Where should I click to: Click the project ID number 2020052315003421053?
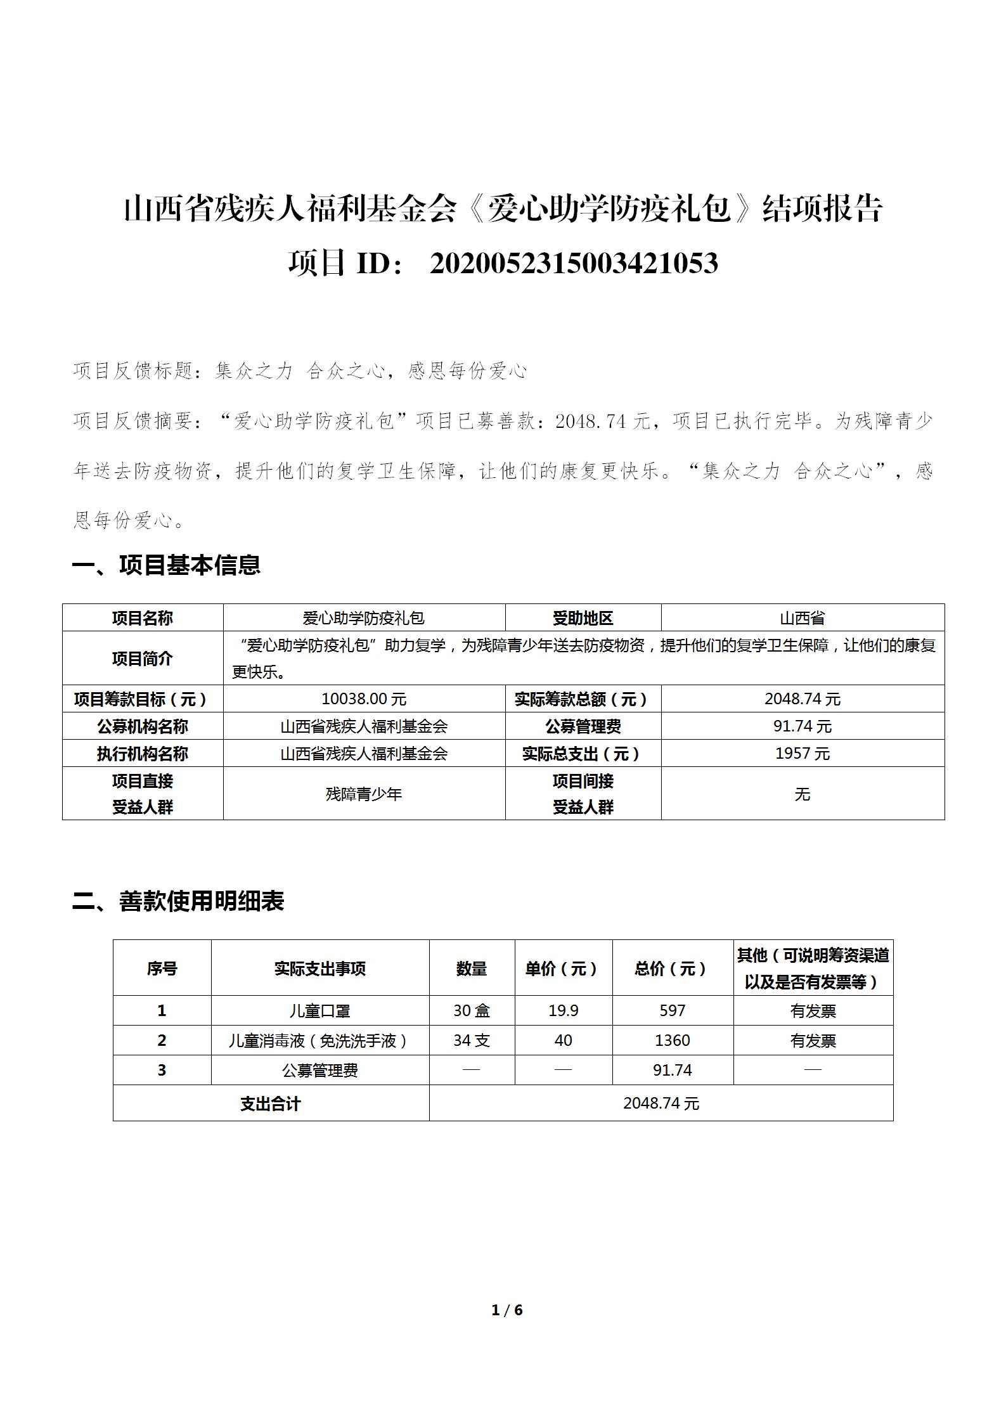[x=574, y=263]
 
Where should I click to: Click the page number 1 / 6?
[x=506, y=1310]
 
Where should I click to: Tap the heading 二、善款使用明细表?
[x=179, y=901]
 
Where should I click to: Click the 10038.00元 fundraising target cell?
[x=364, y=699]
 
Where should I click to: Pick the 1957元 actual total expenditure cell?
[x=802, y=754]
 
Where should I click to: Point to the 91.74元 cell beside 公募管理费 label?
[x=802, y=726]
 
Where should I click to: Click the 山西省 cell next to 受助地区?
[x=802, y=618]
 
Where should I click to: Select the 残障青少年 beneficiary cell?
[x=364, y=794]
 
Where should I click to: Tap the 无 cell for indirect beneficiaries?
[x=802, y=794]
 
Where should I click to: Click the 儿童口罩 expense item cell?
[x=319, y=1010]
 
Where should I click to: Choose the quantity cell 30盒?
[x=472, y=1010]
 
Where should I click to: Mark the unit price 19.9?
[x=563, y=1010]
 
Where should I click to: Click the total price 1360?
[x=672, y=1040]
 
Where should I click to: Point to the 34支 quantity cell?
[x=472, y=1040]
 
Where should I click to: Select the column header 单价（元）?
[x=563, y=969]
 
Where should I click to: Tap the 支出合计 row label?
[x=270, y=1104]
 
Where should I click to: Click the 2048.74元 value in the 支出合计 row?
[x=661, y=1104]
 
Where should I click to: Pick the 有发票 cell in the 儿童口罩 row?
[x=813, y=1010]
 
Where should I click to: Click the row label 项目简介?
[x=143, y=659]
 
